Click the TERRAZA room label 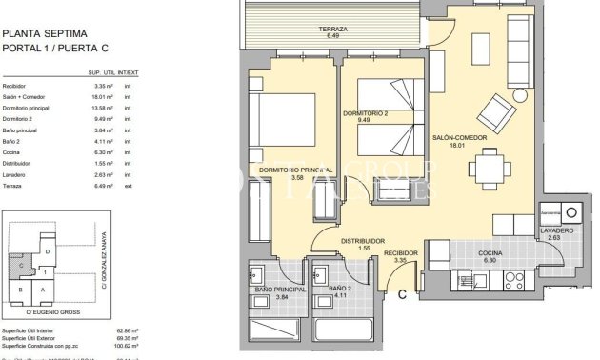[332, 30]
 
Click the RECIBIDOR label [401, 254]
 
